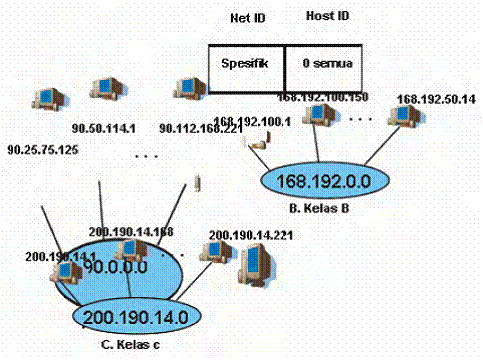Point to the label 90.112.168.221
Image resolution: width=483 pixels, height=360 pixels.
[x=199, y=128]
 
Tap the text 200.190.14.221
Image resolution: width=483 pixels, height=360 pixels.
[x=243, y=235]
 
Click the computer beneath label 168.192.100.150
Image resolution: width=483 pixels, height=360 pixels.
[x=318, y=117]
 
